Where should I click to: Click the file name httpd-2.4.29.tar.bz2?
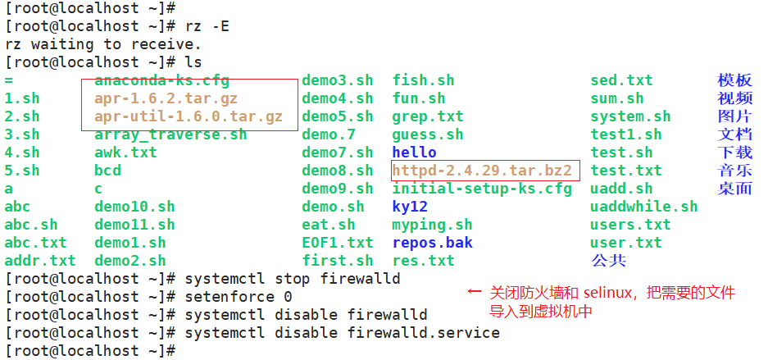coord(486,171)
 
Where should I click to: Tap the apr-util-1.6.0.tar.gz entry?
coord(188,116)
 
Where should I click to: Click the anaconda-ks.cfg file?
coord(161,80)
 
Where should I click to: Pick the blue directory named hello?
coord(414,153)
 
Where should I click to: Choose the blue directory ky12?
coord(410,207)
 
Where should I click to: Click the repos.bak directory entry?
coord(432,243)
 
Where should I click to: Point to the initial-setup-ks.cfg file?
coord(482,189)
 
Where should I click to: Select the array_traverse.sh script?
coord(170,134)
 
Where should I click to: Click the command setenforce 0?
coord(239,296)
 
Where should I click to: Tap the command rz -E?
coord(207,26)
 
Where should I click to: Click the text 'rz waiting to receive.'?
coord(102,44)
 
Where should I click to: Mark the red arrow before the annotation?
coord(474,292)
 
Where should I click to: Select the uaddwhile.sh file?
coord(643,207)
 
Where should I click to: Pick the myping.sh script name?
coord(432,225)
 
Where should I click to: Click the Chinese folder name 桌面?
coord(734,189)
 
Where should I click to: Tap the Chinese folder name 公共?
coord(608,261)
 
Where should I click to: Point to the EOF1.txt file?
coord(337,243)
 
